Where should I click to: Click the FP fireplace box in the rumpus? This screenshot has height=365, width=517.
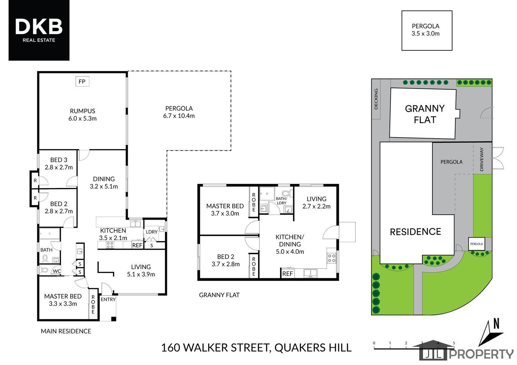point(82,81)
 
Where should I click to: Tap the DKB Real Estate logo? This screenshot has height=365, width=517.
point(39,30)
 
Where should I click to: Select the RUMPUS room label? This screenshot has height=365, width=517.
point(83,111)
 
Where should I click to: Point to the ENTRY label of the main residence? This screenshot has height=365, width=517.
point(108,299)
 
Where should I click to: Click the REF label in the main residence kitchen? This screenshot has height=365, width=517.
point(137,245)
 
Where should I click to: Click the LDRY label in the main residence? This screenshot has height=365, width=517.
point(151,232)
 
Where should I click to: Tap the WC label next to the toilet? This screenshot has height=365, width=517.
point(57,271)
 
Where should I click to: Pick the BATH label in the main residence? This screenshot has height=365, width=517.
point(46,250)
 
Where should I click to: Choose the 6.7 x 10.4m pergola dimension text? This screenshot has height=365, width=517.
point(179,116)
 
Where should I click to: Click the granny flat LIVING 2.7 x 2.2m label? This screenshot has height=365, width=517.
point(316,202)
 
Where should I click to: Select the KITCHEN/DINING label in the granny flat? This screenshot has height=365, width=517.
point(290,240)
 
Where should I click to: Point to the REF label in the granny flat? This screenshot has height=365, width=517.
point(288,274)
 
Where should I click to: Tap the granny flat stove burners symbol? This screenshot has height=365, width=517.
point(332,258)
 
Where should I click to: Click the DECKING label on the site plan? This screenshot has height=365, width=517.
point(376,99)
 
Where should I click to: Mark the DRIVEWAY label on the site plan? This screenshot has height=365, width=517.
point(481,160)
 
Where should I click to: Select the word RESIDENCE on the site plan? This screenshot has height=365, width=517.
point(416,232)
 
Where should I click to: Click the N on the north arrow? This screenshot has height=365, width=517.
point(496,323)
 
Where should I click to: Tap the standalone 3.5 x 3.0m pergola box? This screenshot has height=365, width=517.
point(427,30)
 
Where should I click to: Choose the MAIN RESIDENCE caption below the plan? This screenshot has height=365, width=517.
point(66,331)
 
